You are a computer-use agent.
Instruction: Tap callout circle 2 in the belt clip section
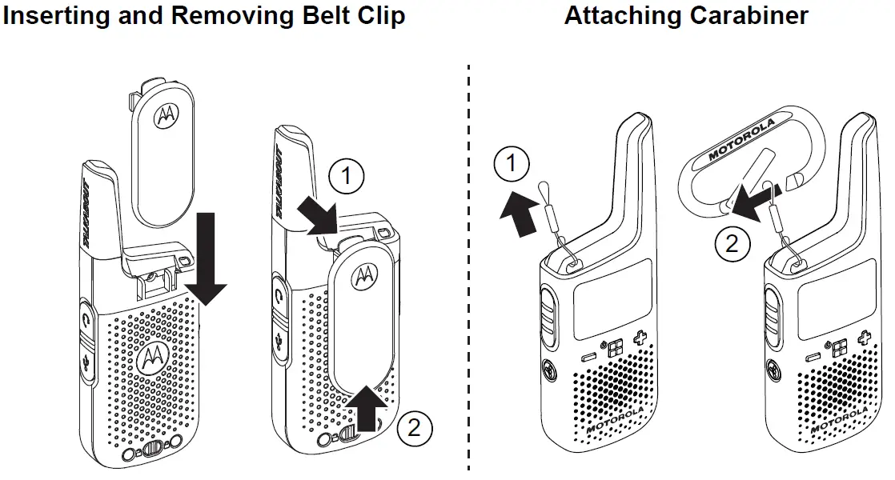(x=413, y=428)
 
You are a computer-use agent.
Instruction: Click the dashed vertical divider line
(x=468, y=272)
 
